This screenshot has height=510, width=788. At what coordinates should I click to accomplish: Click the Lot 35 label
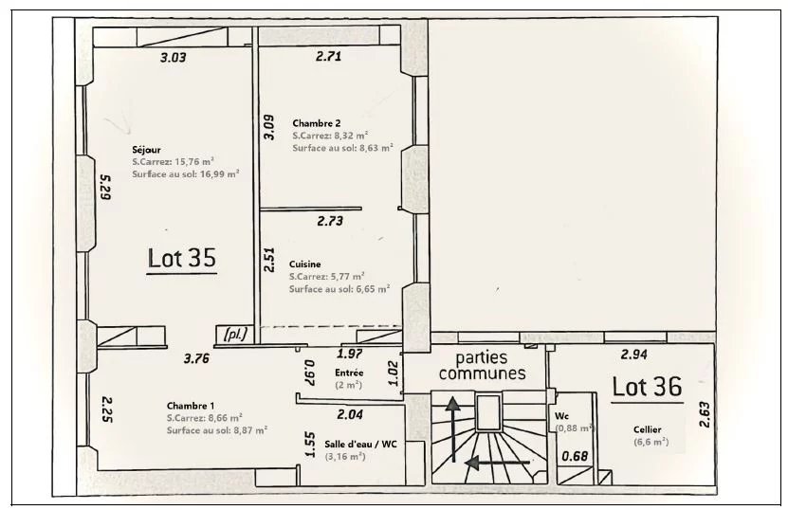182,257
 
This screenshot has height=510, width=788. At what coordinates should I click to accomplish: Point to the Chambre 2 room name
316,123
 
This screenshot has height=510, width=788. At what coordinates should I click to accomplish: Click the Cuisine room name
305,264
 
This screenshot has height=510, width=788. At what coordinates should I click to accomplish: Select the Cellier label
648,429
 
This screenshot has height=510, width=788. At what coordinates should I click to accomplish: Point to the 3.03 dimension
173,58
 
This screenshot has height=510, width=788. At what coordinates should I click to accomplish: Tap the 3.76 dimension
197,358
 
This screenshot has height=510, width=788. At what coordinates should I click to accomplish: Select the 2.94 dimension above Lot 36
633,355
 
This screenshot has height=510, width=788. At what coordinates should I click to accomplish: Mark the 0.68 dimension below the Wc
576,456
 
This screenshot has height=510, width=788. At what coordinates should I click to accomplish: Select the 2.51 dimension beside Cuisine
269,260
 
